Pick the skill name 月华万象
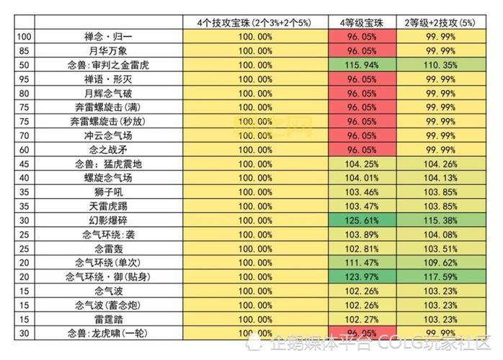point(108,51)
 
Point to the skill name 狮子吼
point(108,192)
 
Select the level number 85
point(24,51)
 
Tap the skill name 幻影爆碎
point(108,220)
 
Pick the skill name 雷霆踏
point(108,319)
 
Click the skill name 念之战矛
point(108,150)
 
